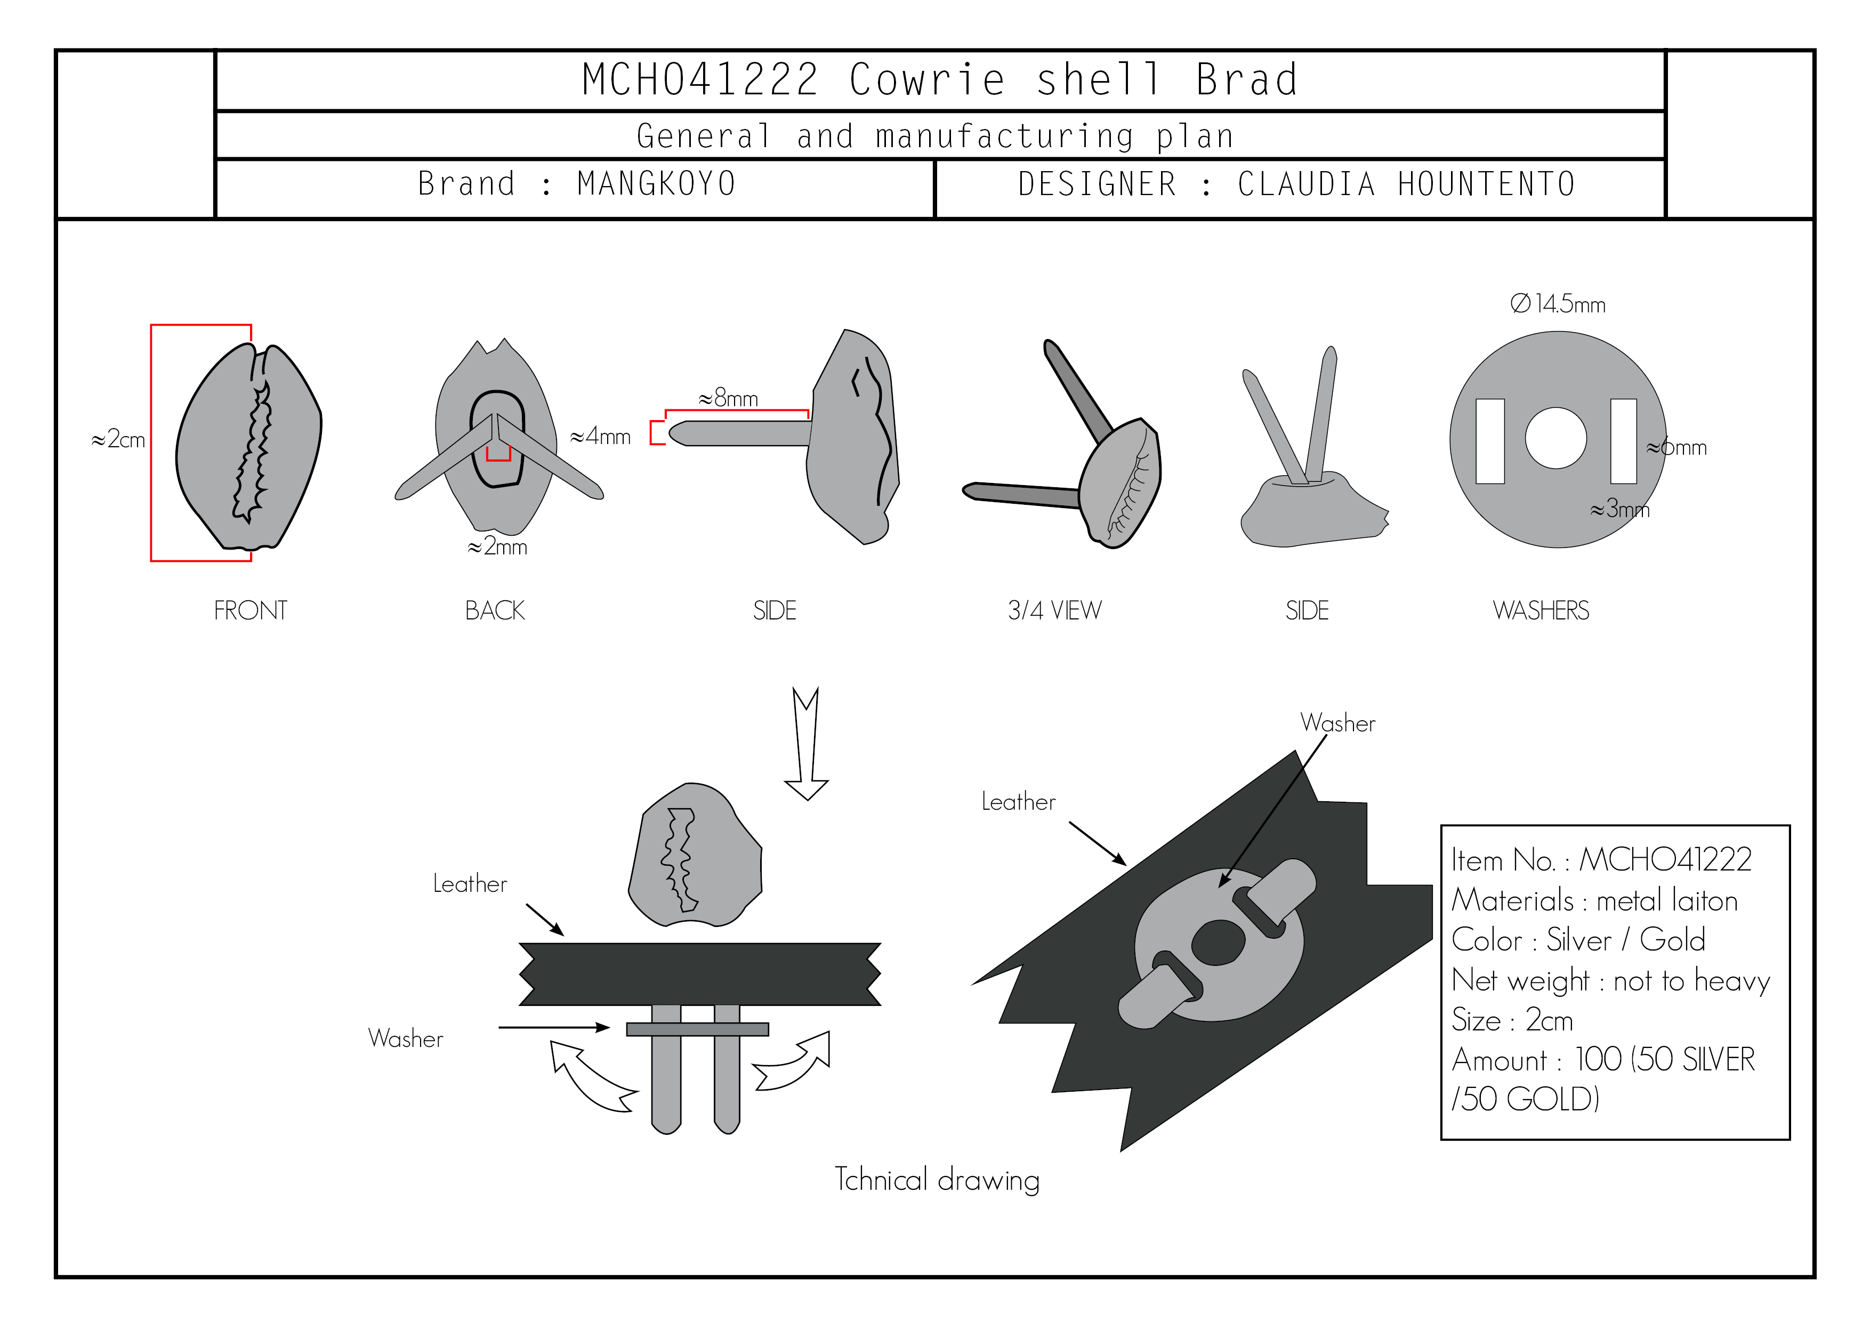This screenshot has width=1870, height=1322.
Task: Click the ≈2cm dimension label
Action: click(x=118, y=440)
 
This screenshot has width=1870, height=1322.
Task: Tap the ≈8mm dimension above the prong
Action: click(x=728, y=398)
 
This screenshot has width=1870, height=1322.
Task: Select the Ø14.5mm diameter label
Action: click(x=1557, y=304)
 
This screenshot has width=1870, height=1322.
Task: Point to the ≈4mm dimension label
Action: click(x=600, y=437)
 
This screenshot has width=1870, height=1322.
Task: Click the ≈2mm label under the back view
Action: click(x=497, y=546)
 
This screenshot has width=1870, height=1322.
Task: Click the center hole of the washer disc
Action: click(x=1555, y=438)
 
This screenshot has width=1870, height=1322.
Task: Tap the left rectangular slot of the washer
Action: click(x=1489, y=441)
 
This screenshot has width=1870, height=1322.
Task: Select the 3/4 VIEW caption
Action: click(x=1055, y=611)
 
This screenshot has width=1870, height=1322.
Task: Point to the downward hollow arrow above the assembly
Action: click(x=807, y=744)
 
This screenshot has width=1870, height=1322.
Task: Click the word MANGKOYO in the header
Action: click(x=656, y=184)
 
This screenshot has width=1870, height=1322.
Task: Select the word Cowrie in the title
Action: click(x=927, y=80)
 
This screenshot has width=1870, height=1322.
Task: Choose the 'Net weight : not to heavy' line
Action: click(x=1611, y=981)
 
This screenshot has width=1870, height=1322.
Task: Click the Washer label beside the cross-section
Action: click(x=406, y=1038)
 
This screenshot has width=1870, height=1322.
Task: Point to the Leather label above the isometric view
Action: click(x=1018, y=802)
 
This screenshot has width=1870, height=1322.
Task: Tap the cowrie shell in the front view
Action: click(x=248, y=446)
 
